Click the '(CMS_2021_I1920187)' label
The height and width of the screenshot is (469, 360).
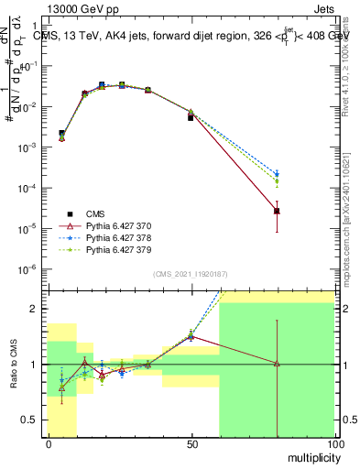pyautogui.click(x=190, y=274)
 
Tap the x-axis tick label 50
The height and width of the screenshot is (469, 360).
pyautogui.click(x=191, y=443)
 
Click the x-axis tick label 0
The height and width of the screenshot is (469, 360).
pyautogui.click(x=48, y=443)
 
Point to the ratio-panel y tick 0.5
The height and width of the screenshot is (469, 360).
pyautogui.click(x=34, y=420)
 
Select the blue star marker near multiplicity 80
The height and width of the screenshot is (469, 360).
pyautogui.click(x=277, y=174)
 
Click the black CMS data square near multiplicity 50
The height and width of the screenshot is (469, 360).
pyautogui.click(x=191, y=117)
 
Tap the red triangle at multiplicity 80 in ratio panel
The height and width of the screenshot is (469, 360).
pyautogui.click(x=277, y=364)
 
